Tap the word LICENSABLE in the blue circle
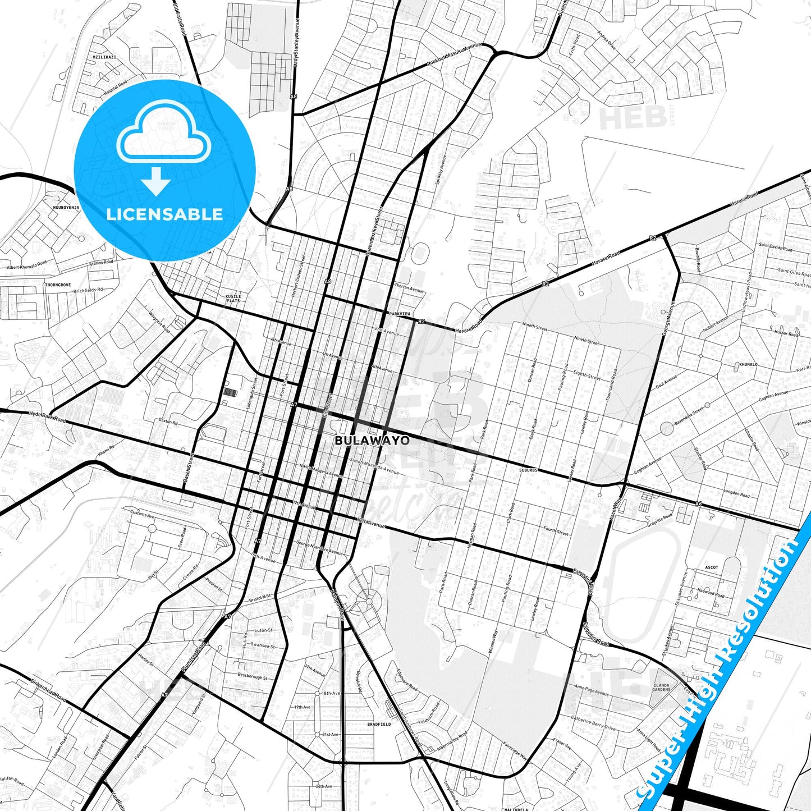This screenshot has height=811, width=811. click(164, 214)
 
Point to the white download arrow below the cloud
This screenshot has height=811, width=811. click(156, 180)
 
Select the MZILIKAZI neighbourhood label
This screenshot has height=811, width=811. click(104, 57)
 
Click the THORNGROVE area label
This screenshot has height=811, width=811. click(58, 285)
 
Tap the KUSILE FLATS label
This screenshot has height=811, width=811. click(233, 299)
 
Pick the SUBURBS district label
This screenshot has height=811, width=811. click(528, 470)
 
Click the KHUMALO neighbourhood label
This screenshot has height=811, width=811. click(748, 364)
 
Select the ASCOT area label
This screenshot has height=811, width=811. click(712, 567)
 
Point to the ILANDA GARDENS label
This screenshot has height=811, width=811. click(662, 687)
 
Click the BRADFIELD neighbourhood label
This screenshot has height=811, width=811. click(379, 725)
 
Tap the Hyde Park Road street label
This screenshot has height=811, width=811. click(47, 417)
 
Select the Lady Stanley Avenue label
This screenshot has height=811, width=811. click(297, 43)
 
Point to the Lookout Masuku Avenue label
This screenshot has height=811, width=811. click(455, 55)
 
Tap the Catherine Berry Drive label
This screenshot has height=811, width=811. click(593, 722)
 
